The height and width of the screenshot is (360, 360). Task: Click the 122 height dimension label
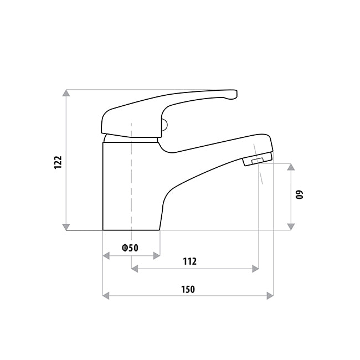coord(58,162)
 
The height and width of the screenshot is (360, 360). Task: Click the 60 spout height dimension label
coord(300,195)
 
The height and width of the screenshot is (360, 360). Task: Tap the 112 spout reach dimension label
coord(189,261)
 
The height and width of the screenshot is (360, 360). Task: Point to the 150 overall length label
coord(188,289)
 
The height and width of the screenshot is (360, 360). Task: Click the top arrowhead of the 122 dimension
coord(66,93)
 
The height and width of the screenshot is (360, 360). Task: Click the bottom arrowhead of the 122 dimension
coord(66,226)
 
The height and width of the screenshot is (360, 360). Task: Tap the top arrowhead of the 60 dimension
coord(291,167)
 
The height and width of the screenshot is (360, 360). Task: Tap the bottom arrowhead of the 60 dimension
coord(291,226)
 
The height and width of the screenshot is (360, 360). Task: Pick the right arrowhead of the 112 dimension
coord(255,269)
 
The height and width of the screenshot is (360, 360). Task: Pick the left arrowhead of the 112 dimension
coord(135,269)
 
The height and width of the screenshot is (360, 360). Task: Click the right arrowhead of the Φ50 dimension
coord(157,255)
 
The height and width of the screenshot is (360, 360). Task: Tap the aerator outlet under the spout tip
coord(255,162)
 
